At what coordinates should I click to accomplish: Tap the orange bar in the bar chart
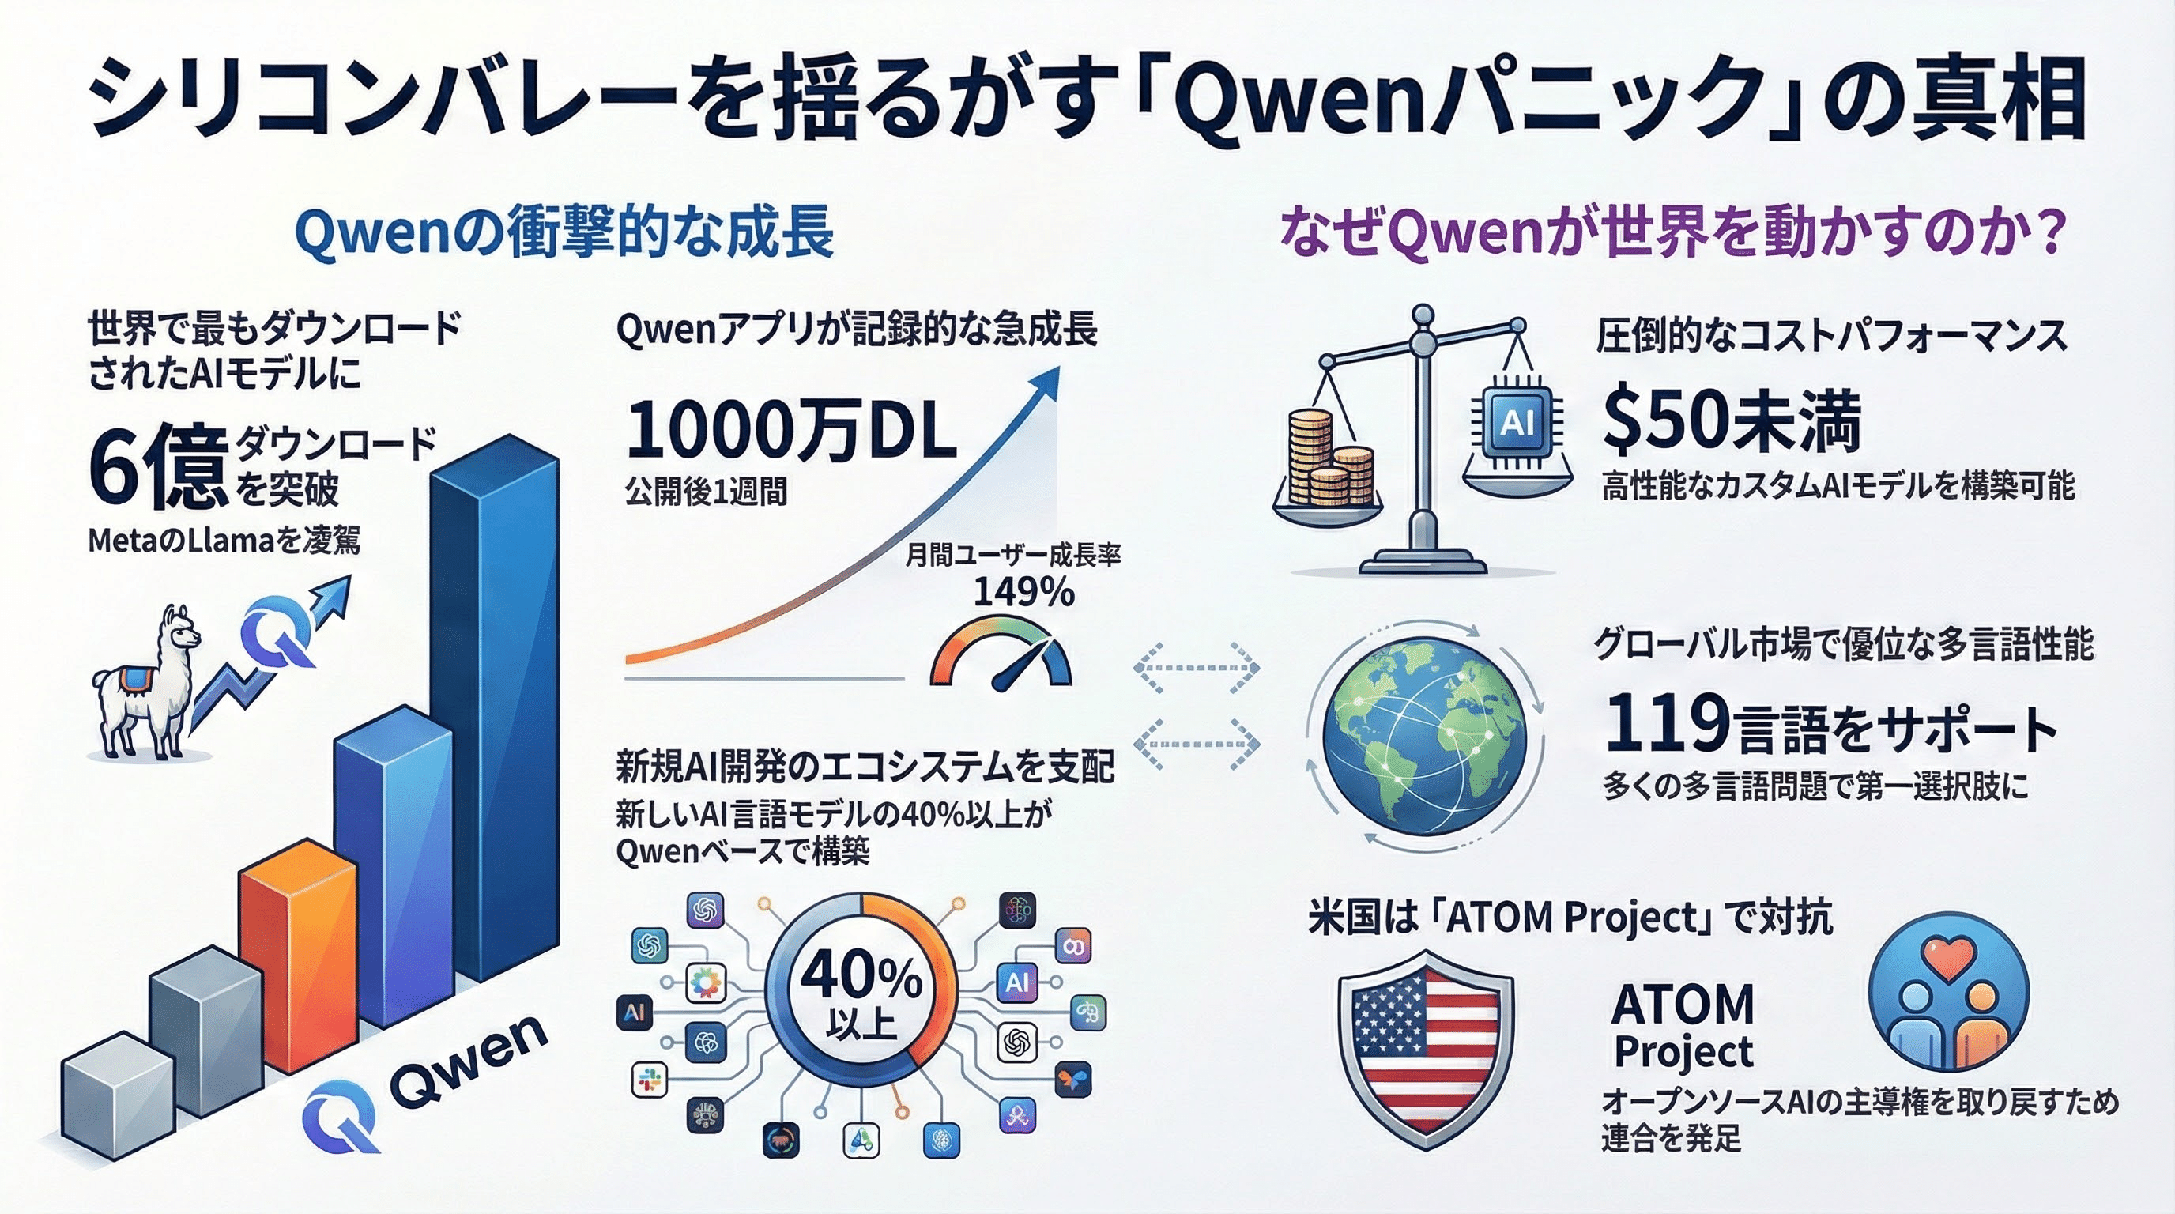pyautogui.click(x=298, y=954)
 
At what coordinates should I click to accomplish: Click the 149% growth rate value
pyautogui.click(x=1024, y=592)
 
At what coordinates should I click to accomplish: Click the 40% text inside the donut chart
pyautogui.click(x=861, y=976)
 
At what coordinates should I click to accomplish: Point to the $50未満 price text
pyautogui.click(x=1731, y=422)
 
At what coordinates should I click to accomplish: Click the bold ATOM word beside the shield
pyautogui.click(x=1683, y=1005)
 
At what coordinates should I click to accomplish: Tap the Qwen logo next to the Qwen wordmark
pyautogui.click(x=342, y=1115)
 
